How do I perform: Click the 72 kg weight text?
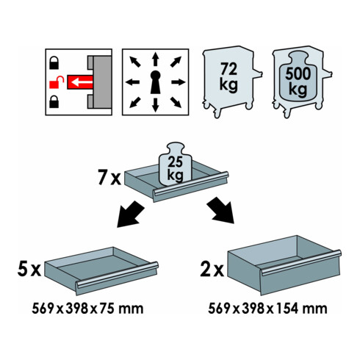coord(228,77)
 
